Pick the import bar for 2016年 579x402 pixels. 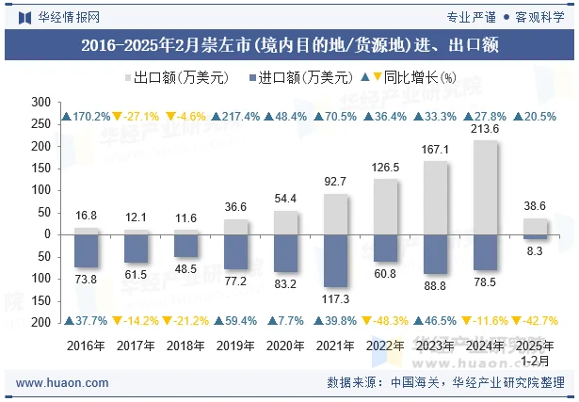[x=87, y=250]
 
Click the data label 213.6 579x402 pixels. [x=485, y=129]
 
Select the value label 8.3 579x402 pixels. [x=535, y=251]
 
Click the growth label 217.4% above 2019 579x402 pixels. [x=236, y=117]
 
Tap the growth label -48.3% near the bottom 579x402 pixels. [x=387, y=321]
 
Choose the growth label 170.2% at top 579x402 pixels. [x=87, y=117]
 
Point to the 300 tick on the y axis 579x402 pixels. [x=41, y=102]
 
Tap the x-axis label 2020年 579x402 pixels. [x=286, y=346]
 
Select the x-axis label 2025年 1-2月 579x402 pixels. [x=535, y=352]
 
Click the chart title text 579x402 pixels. [x=289, y=44]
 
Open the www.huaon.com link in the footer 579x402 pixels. [x=63, y=382]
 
